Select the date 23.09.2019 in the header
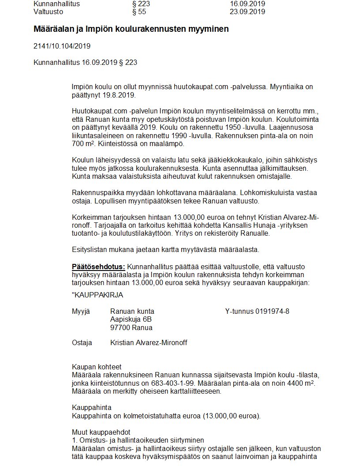[x=247, y=12]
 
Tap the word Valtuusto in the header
[x=48, y=12]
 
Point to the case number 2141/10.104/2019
[x=62, y=46]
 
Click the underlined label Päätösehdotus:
[x=98, y=267]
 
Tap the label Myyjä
[x=81, y=311]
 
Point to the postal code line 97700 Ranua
[x=131, y=327]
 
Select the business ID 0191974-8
[x=272, y=311]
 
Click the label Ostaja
[x=82, y=342]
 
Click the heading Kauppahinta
[x=92, y=407]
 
